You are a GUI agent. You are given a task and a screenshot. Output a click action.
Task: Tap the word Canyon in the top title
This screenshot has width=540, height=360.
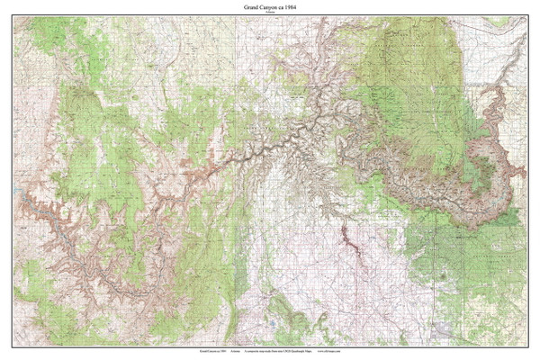265,7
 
